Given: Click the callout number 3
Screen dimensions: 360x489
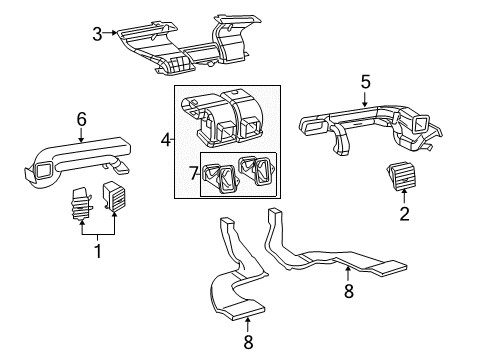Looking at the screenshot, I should (x=98, y=34).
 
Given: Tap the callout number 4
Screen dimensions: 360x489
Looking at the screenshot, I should (x=166, y=140).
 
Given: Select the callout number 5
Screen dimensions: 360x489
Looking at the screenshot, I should (x=365, y=83).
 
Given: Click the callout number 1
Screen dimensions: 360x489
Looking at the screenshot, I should (x=98, y=252).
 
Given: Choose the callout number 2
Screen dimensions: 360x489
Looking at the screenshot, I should (x=404, y=213).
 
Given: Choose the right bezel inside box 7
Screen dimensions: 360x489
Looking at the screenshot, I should (x=257, y=172).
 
